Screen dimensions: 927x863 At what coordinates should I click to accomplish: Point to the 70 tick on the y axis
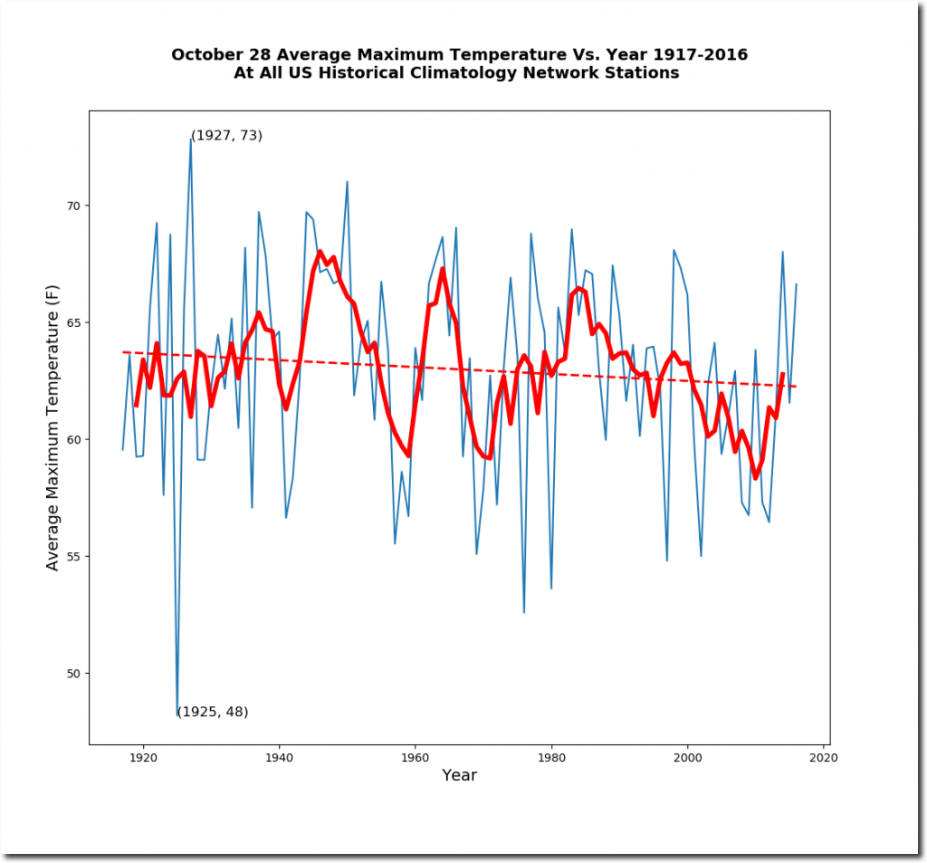tap(73, 206)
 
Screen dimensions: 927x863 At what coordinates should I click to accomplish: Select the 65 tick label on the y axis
tap(73, 322)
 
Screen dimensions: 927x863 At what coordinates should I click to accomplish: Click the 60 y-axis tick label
tap(73, 439)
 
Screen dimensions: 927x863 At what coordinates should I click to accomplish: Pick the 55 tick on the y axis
tap(73, 557)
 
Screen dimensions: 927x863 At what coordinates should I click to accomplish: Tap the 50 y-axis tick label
tap(73, 673)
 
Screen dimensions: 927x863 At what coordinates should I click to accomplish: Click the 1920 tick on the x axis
tap(143, 758)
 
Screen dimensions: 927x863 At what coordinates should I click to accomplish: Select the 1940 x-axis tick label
tap(279, 758)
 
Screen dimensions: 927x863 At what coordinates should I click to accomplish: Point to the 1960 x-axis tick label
tap(415, 758)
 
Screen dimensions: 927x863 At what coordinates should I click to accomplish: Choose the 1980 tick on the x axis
tap(551, 758)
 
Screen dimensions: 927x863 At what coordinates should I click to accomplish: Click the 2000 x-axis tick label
tap(688, 758)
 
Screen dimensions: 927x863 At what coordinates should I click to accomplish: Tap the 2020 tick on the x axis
tap(824, 758)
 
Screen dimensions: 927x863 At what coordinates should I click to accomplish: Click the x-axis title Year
tap(459, 775)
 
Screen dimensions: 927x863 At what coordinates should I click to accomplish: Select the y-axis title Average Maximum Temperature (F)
tap(53, 427)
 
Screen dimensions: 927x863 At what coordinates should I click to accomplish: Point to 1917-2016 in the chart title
tap(701, 54)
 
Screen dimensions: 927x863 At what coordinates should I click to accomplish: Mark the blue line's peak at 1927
tap(191, 139)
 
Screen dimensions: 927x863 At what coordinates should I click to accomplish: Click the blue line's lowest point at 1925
tap(177, 715)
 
